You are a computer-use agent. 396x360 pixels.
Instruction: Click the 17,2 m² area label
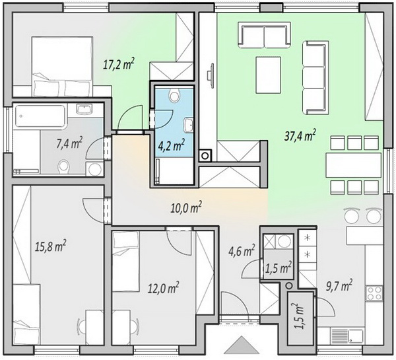click(x=118, y=64)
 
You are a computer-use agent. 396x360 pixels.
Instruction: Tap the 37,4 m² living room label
click(x=300, y=135)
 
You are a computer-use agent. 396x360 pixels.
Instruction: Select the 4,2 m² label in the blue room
click(x=172, y=145)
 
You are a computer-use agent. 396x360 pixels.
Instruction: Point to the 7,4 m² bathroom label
click(x=69, y=143)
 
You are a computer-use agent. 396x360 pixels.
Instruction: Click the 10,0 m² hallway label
click(x=186, y=208)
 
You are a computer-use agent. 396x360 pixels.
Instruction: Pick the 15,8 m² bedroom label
click(x=51, y=246)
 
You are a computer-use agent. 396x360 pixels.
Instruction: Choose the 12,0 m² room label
click(x=164, y=288)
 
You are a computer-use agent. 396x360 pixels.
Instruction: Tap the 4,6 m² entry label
click(x=242, y=251)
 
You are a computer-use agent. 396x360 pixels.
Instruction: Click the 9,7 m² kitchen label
click(x=339, y=286)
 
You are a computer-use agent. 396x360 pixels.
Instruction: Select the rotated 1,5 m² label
click(x=300, y=316)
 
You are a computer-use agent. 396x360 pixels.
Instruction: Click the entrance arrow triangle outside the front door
click(x=242, y=345)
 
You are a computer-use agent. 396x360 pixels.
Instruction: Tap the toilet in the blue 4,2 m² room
click(x=174, y=95)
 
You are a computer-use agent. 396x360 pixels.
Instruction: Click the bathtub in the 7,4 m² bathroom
click(x=40, y=116)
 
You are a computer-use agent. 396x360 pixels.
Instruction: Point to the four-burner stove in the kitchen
click(x=374, y=293)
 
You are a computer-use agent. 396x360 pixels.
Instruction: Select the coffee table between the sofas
click(x=268, y=75)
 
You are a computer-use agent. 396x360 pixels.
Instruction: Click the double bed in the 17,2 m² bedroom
click(x=62, y=67)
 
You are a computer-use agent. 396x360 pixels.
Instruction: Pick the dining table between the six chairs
click(x=353, y=165)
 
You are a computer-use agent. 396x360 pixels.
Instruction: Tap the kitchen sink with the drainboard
click(x=347, y=336)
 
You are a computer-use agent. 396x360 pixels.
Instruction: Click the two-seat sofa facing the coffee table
click(x=264, y=34)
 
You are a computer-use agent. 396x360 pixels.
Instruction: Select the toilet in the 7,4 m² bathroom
click(x=63, y=167)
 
